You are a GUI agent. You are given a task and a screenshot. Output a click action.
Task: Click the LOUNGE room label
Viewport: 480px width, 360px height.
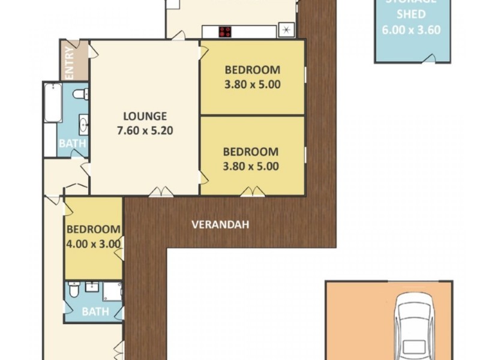click(x=145, y=116)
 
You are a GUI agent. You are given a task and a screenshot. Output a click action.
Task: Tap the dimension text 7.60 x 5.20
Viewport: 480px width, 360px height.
click(x=145, y=130)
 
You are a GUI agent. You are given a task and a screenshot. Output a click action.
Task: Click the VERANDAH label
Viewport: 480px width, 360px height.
click(x=220, y=225)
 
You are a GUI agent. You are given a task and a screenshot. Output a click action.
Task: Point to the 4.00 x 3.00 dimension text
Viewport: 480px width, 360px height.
click(x=94, y=244)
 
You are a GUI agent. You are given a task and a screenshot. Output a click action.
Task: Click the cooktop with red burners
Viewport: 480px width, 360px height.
click(x=226, y=32)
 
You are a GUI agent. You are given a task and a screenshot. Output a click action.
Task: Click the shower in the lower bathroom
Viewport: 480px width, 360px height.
click(x=112, y=292)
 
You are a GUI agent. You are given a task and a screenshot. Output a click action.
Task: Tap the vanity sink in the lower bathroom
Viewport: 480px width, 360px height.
click(x=92, y=286)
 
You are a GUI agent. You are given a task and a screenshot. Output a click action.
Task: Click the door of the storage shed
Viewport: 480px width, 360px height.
click(x=429, y=58)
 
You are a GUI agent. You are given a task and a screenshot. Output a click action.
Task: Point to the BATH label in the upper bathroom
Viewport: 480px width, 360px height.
click(x=72, y=144)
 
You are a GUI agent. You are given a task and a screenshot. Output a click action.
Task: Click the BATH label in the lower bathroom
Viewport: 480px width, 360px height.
click(x=95, y=311)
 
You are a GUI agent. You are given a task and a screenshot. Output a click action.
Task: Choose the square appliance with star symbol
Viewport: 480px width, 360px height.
click(x=287, y=30)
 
